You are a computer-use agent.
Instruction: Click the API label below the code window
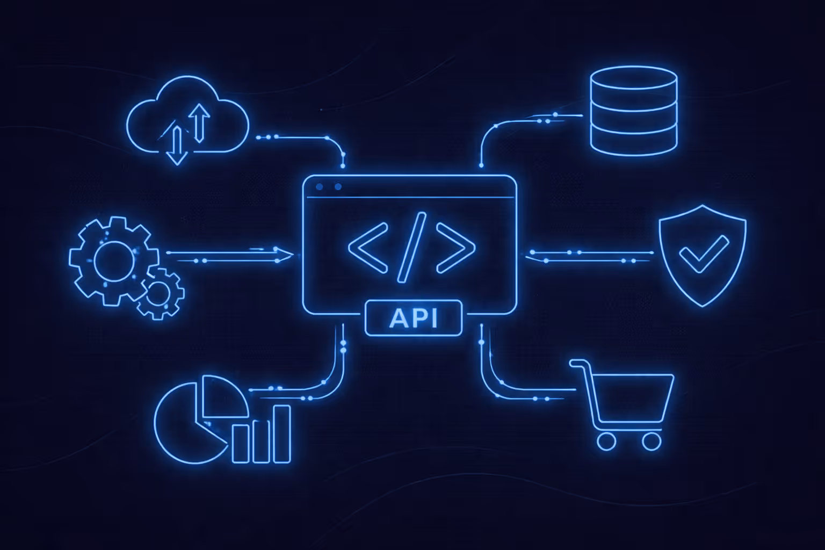(413, 318)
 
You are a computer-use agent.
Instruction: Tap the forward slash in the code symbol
(412, 248)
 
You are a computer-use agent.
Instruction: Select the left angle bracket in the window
(368, 248)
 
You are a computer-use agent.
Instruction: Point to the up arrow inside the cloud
(200, 121)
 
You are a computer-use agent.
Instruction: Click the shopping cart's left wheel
(606, 441)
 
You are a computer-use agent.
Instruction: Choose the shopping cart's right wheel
(652, 441)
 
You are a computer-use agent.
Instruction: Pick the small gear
(159, 293)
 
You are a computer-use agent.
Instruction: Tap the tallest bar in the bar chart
(282, 434)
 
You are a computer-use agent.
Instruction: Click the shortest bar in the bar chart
(241, 444)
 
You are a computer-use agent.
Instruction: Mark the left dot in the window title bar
(320, 187)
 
